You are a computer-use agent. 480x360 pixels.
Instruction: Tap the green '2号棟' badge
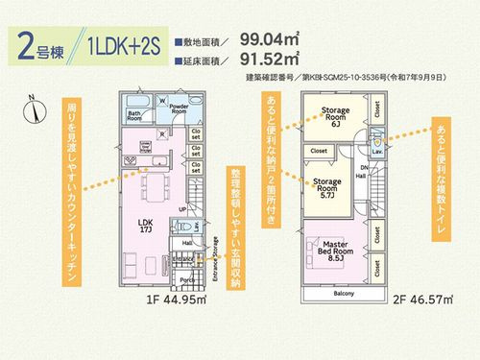click(39, 46)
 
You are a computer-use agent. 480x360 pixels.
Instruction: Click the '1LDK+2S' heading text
click(125, 46)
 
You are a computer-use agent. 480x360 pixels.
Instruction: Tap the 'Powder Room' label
click(180, 108)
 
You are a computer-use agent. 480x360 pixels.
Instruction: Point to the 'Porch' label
click(186, 281)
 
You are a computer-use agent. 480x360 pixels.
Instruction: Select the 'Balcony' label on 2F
click(345, 293)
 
